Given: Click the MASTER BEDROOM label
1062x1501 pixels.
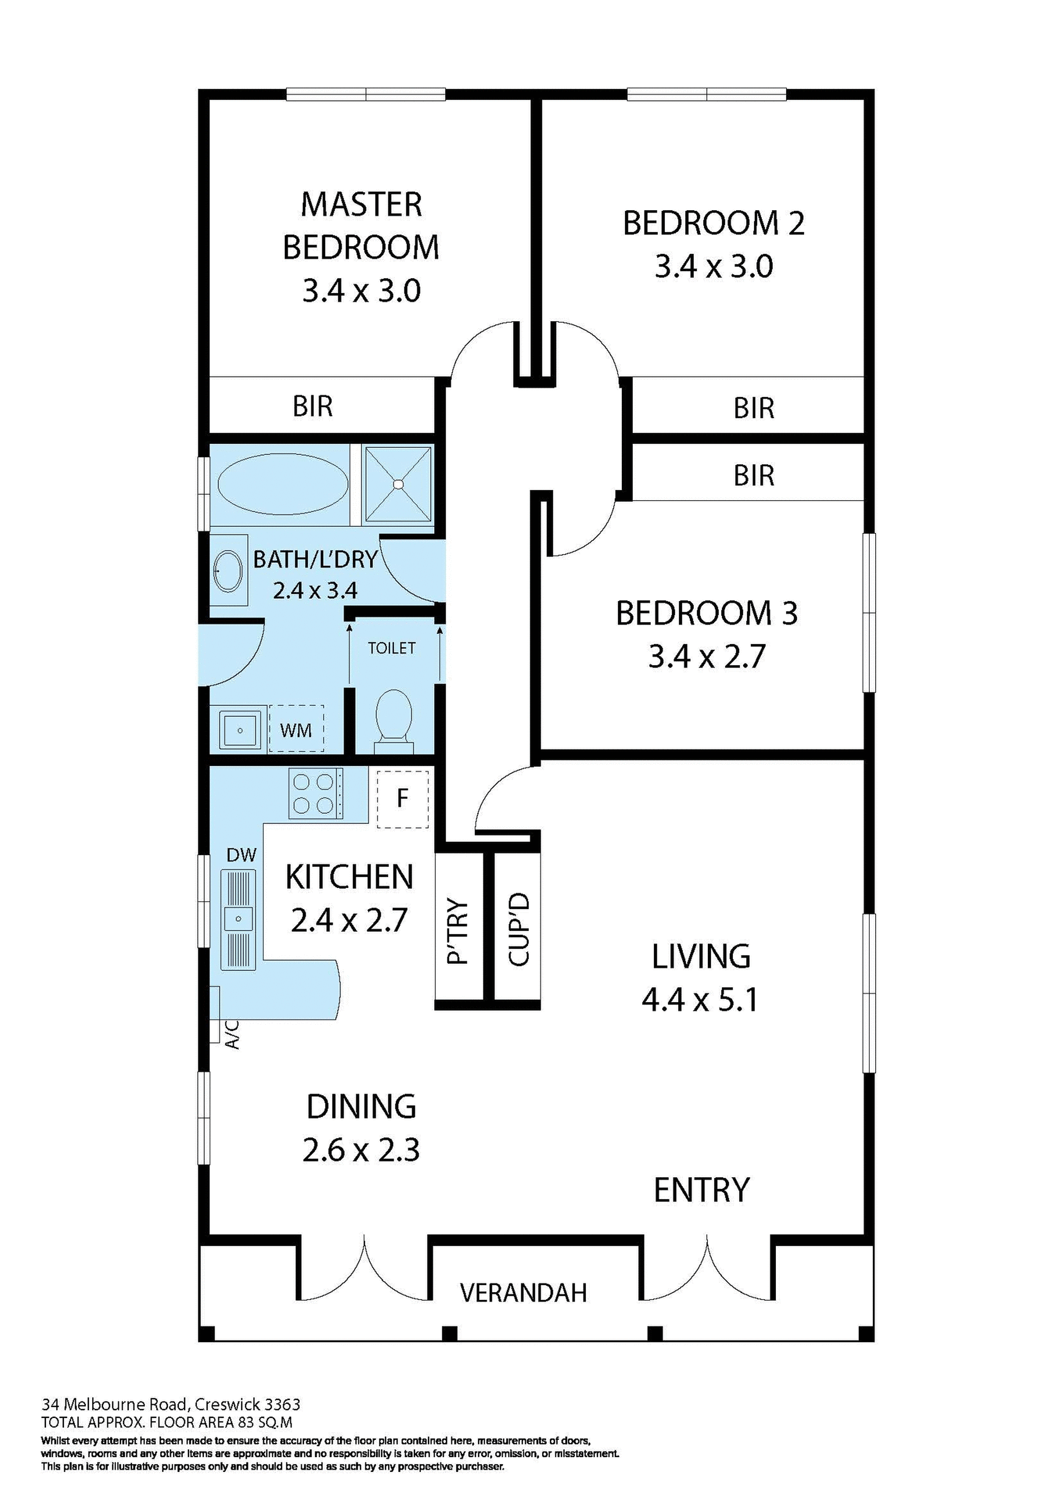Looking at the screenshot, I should coord(361,226).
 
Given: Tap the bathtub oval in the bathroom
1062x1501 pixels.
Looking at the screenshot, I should coord(282,484).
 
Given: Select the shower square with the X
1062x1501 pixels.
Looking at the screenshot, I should coord(398,484).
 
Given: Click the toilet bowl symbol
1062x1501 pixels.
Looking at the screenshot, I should coord(393,715).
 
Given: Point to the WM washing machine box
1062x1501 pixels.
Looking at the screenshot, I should coord(296,730).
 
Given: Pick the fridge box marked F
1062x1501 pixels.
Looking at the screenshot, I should coord(402,798).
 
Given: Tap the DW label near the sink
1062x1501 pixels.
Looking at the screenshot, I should coord(241,855).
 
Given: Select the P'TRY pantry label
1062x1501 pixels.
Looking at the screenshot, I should coord(457,930).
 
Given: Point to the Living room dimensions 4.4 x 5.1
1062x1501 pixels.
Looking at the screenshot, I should coord(700,1000).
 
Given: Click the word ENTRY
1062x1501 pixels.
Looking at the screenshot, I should coord(701,1191).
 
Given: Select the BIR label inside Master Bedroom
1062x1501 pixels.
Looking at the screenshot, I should coord(313,407).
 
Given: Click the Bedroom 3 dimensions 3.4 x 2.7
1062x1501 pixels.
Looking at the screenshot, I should coord(706,657).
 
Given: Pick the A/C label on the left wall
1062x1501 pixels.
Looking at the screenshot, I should coord(231,1034).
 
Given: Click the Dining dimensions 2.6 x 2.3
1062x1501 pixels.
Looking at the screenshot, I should coord(361,1150).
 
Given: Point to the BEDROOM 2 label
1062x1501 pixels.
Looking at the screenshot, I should coord(713,224).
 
